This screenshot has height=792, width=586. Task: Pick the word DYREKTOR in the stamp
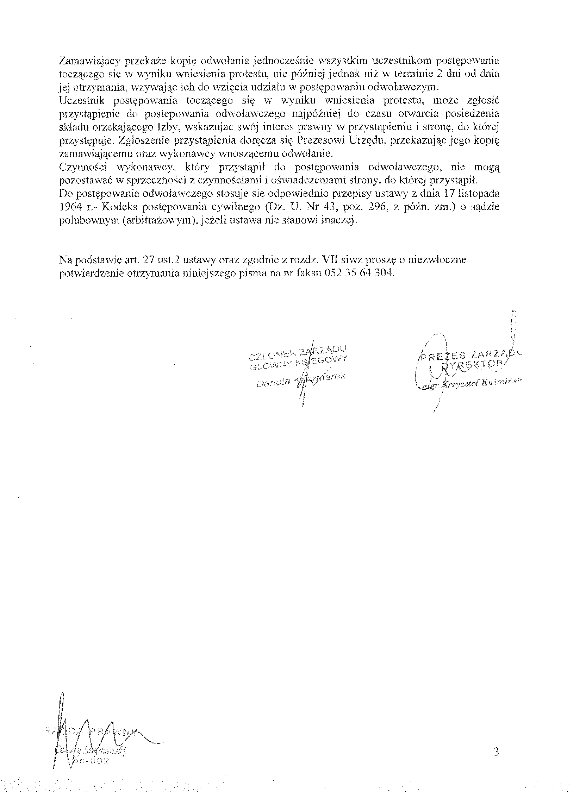[473, 364]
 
